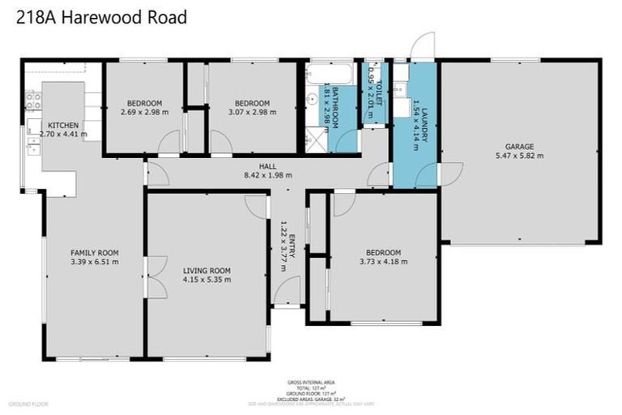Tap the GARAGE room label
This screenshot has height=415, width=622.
519,146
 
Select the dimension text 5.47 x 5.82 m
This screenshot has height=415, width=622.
519,156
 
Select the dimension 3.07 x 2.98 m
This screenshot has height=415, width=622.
252,112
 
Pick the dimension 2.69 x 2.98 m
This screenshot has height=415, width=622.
144,112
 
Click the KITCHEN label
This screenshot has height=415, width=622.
62,125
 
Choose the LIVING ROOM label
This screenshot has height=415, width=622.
207,270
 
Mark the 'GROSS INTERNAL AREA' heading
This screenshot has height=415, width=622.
311,382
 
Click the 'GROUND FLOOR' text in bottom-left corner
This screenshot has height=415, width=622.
28,403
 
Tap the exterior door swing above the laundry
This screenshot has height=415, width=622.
422,46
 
